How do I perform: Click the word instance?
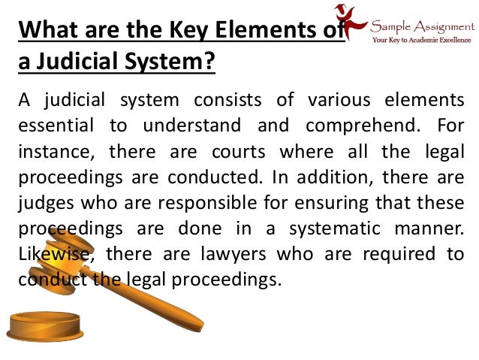[x=54, y=151]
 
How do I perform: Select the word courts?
[x=239, y=151]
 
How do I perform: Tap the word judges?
[x=42, y=203]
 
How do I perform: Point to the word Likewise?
[x=53, y=254]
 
